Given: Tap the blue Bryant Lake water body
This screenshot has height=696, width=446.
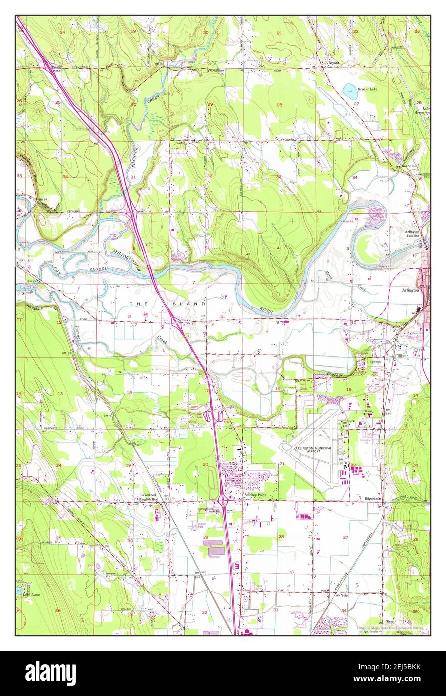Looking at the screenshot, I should click(x=347, y=90).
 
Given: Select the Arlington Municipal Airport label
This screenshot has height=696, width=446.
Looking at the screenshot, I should click(x=314, y=449).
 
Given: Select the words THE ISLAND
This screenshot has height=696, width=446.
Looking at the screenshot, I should click(x=168, y=303).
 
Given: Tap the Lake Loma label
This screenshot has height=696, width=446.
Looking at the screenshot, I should click(x=24, y=594).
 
